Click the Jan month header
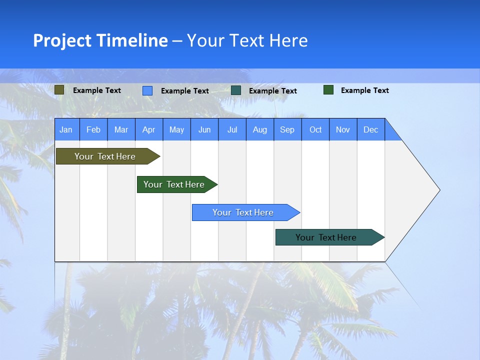pyautogui.click(x=66, y=130)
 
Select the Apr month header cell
pyautogui.click(x=149, y=130)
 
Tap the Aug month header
pyautogui.click(x=260, y=130)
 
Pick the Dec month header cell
pyautogui.click(x=371, y=130)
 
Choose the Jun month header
pyautogui.click(x=204, y=130)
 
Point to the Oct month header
pyautogui.click(x=315, y=130)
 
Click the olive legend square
pyautogui.click(x=59, y=90)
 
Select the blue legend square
pyautogui.click(x=147, y=90)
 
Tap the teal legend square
pyautogui.click(x=236, y=90)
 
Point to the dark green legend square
pyautogui.click(x=328, y=90)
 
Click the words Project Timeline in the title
pyautogui.click(x=100, y=40)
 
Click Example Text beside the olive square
pyautogui.click(x=97, y=90)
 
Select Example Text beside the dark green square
pyautogui.click(x=365, y=90)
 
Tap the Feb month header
pyautogui.click(x=93, y=130)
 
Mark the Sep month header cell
pyautogui.click(x=287, y=130)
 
